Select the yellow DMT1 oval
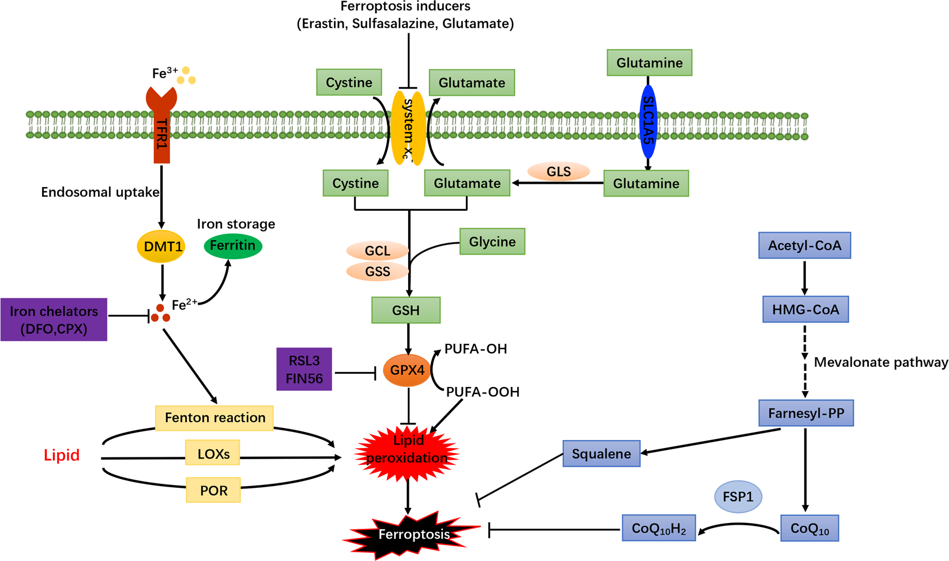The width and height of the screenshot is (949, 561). point(161,247)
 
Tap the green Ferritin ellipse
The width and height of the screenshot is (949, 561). point(233,246)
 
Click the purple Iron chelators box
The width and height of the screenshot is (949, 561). point(54,320)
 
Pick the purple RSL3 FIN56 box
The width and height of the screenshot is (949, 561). point(304,369)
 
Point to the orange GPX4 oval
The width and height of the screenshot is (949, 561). point(407,370)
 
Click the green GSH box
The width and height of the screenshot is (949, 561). point(406,310)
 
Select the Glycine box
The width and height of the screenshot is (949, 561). point(492,241)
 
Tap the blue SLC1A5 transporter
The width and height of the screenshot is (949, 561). point(649,122)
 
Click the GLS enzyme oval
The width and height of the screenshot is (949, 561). point(559,171)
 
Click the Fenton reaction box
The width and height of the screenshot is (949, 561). point(214,418)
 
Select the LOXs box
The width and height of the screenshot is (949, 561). point(213,453)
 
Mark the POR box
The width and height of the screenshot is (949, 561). point(213,490)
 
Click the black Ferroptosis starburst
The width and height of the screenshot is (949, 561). point(413,535)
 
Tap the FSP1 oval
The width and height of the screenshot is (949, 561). point(738,496)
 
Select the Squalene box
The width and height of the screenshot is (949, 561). point(601,454)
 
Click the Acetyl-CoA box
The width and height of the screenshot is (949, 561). point(804,245)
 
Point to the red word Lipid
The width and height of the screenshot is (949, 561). point(62,455)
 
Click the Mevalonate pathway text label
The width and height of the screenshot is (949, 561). point(880,362)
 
